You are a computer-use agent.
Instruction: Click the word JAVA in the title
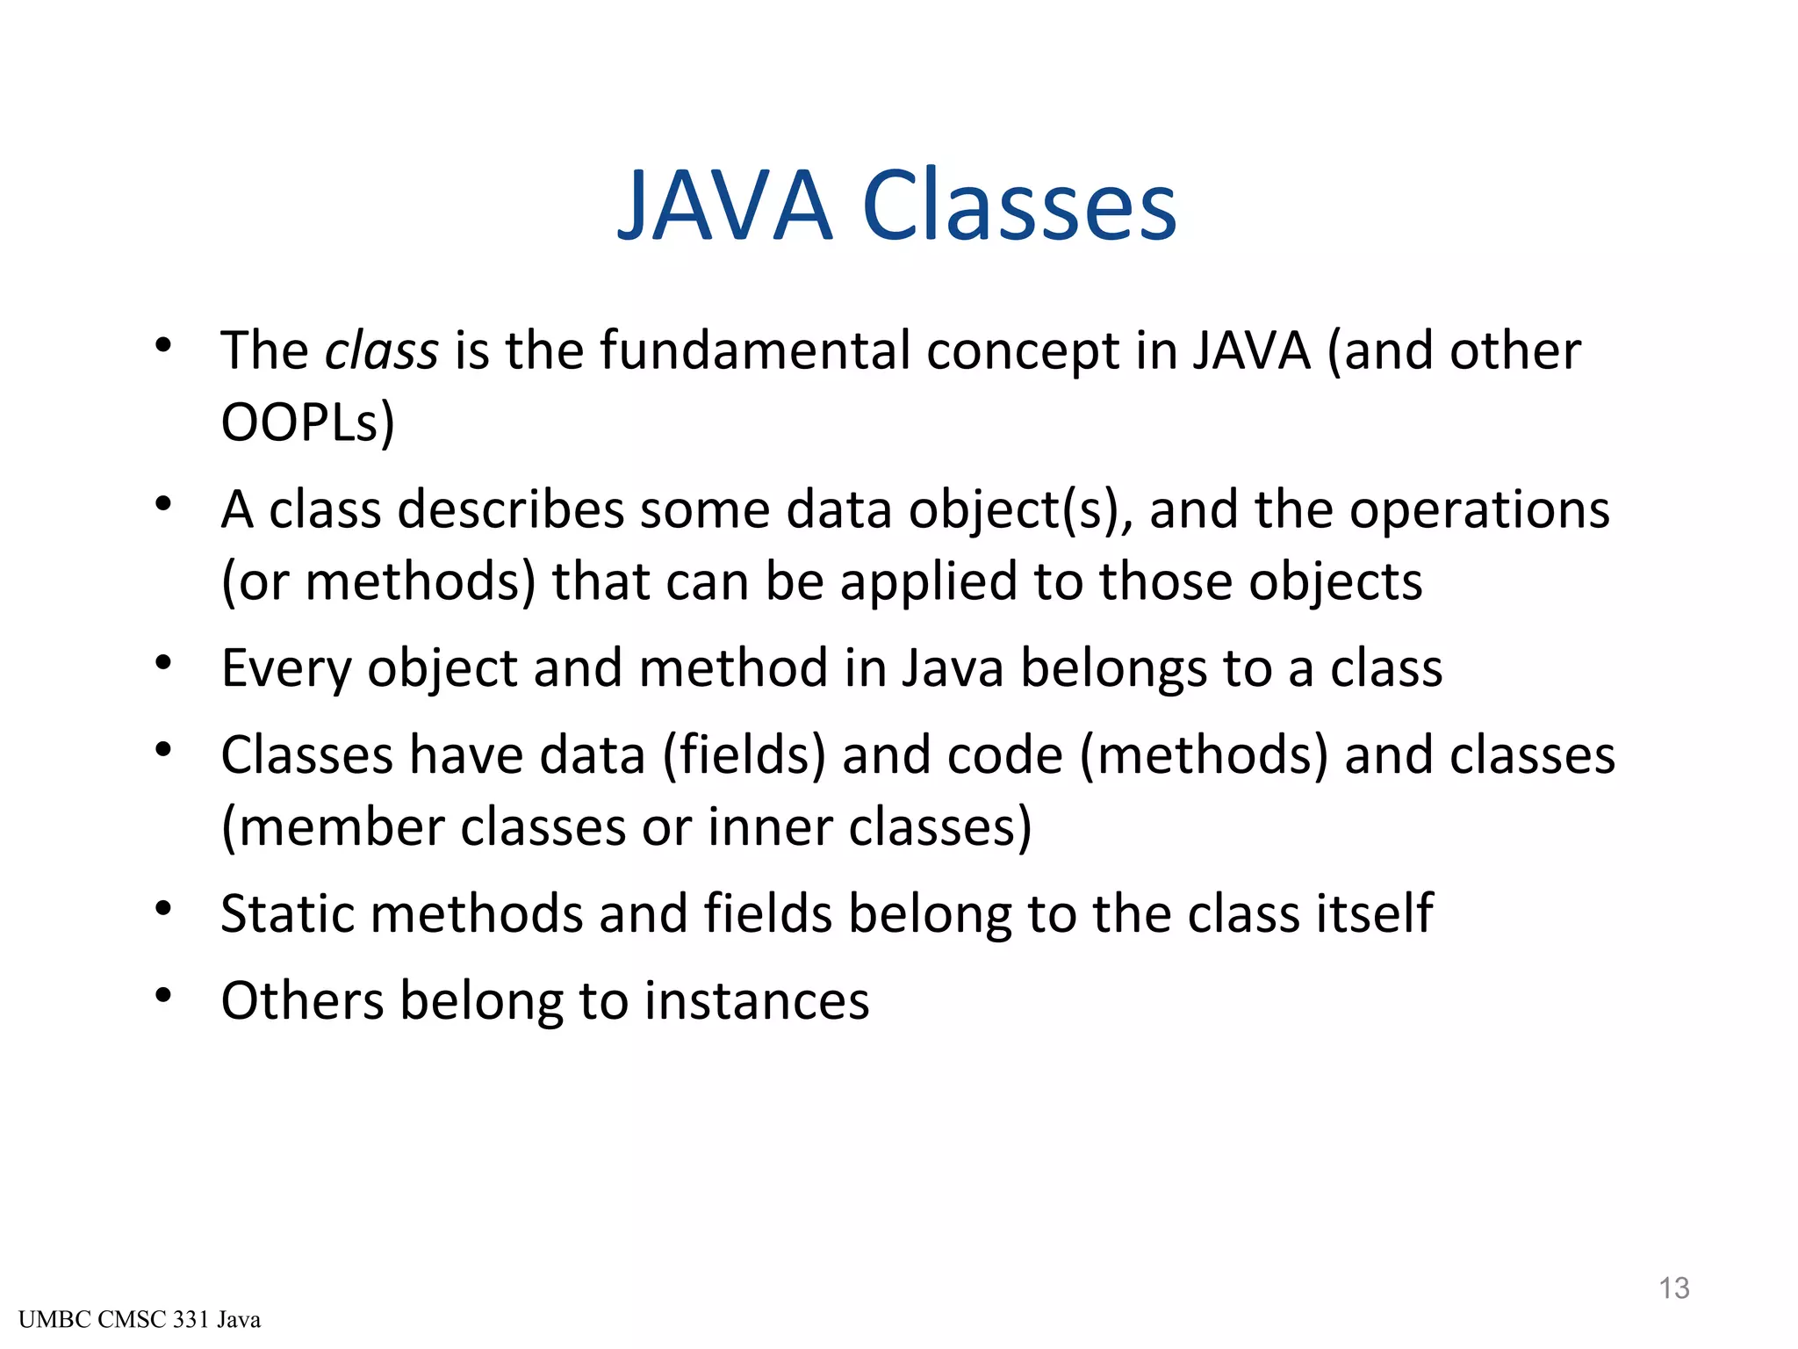click(x=725, y=206)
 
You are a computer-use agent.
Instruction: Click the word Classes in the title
click(x=1019, y=206)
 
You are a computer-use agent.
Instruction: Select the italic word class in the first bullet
click(x=381, y=351)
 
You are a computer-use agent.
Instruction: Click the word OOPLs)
click(x=307, y=423)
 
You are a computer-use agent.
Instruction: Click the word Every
click(x=286, y=669)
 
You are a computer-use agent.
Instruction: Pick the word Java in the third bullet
click(x=953, y=669)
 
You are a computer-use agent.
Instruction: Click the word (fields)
click(x=744, y=756)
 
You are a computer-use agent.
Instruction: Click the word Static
click(x=285, y=914)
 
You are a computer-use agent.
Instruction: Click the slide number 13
click(x=1673, y=1288)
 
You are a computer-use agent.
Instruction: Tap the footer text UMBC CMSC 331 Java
click(x=140, y=1320)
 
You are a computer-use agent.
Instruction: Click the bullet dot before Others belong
click(x=163, y=996)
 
